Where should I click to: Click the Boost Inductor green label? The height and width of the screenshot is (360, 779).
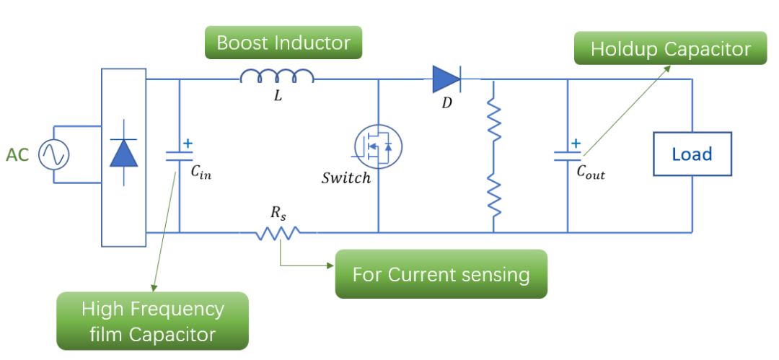coord(283,43)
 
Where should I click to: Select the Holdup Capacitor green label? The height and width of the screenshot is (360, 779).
coord(670,49)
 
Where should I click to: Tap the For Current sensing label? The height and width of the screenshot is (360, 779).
coord(441,274)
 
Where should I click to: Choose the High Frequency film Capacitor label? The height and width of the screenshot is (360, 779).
coord(152,321)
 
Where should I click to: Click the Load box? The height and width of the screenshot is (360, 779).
coord(692,154)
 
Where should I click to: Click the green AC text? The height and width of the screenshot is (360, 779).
coord(17,154)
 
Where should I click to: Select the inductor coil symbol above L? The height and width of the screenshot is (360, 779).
coord(277,76)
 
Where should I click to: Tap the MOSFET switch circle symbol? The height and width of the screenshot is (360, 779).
coord(379,146)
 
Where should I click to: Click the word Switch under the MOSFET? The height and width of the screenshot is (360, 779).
coord(346,177)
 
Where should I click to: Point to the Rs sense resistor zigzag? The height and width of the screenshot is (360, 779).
coord(278,232)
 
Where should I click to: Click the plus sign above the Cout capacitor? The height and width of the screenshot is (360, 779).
coord(576,143)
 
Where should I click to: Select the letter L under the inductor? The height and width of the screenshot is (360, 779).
coord(278,97)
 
